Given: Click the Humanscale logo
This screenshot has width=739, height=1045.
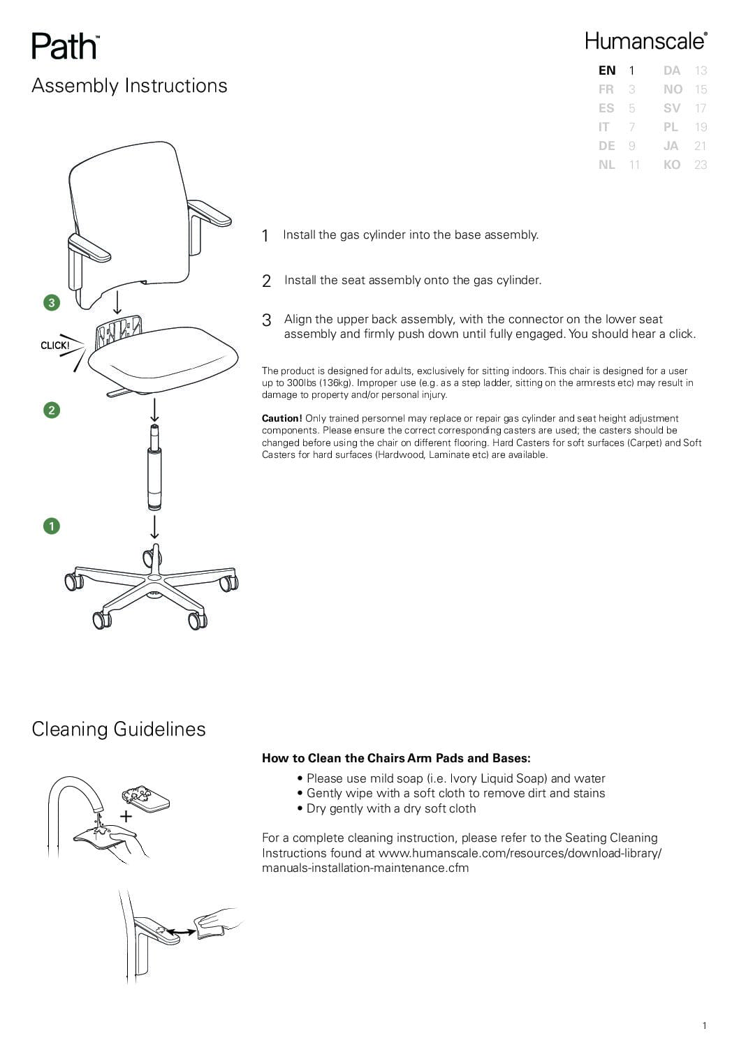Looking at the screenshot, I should click(x=645, y=41).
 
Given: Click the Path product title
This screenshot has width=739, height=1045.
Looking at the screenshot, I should click(x=65, y=47).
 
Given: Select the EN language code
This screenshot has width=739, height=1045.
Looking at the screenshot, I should click(x=607, y=71).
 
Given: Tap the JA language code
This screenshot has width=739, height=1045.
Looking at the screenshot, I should click(x=671, y=146).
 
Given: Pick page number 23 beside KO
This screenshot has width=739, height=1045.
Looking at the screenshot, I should click(x=700, y=165).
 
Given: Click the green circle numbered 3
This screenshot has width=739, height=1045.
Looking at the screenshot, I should click(x=52, y=302).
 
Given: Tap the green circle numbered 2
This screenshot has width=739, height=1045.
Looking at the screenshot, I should click(x=52, y=410).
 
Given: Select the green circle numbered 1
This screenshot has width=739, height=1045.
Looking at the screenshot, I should click(x=52, y=526).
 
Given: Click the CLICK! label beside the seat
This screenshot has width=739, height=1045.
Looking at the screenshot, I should click(x=55, y=346).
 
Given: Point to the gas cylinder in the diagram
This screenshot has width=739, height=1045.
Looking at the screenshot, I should click(x=154, y=475).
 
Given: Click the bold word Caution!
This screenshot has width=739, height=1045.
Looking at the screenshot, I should click(x=281, y=418).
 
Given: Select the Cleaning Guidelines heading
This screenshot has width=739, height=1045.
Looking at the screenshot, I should click(x=119, y=729).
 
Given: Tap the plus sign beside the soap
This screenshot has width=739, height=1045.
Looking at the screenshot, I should click(x=126, y=816).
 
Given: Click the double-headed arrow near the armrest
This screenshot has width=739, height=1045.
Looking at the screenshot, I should click(x=181, y=932).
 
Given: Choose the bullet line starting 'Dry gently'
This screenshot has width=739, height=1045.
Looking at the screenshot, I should click(x=390, y=808).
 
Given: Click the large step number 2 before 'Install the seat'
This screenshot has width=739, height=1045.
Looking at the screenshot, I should click(x=266, y=281).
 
